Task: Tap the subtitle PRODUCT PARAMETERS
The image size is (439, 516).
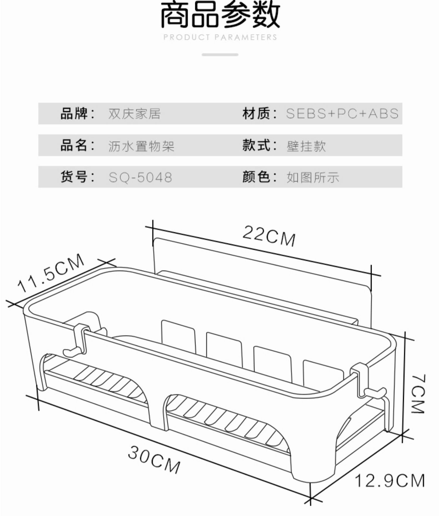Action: (x=220, y=37)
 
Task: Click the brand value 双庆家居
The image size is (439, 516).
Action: (x=134, y=114)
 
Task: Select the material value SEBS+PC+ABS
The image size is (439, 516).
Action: (x=342, y=114)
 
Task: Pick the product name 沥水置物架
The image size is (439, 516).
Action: (x=141, y=146)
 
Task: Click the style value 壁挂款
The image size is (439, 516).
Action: (x=306, y=146)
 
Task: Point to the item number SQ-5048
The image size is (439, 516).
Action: (x=140, y=177)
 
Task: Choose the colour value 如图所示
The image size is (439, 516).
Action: (x=313, y=177)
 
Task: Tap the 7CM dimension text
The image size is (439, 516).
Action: (x=418, y=394)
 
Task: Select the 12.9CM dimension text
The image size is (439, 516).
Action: (x=390, y=481)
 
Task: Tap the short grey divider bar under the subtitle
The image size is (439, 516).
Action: (x=220, y=55)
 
